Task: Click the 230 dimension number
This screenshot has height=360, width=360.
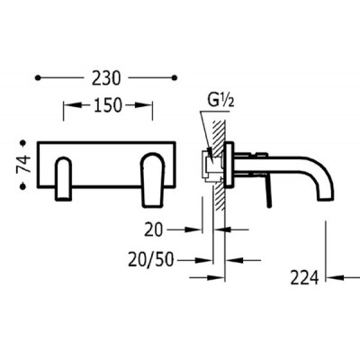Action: click(106, 78)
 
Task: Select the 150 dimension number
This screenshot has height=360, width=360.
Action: click(108, 105)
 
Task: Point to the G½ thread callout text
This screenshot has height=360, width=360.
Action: click(220, 102)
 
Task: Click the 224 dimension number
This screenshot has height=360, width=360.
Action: click(304, 277)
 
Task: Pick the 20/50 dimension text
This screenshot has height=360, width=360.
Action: click(151, 260)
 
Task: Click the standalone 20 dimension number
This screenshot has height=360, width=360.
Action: click(153, 230)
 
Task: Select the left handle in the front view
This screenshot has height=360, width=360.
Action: click(64, 178)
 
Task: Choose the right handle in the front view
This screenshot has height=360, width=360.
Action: click(153, 180)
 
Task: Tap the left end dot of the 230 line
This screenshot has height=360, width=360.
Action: click(38, 78)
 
